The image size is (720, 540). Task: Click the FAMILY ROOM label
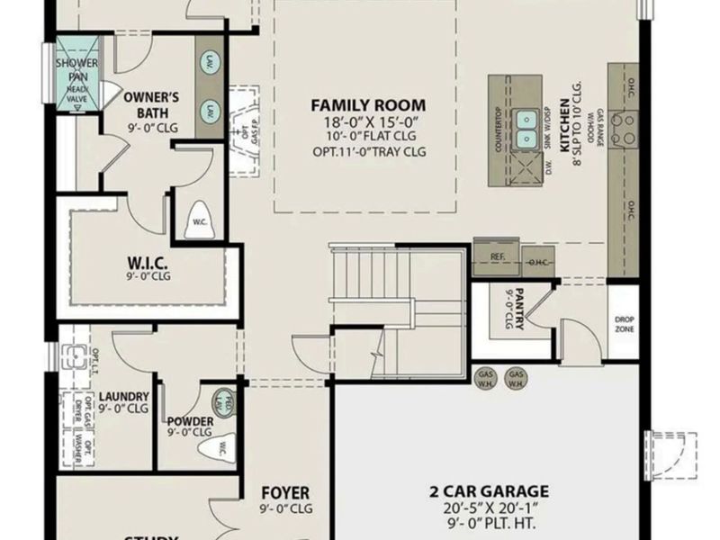[368, 104]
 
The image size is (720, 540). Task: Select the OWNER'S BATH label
[152, 104]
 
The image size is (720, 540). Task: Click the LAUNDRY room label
[123, 395]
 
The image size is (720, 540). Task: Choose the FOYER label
[285, 493]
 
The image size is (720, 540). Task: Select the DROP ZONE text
[624, 324]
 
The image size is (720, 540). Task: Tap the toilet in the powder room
[220, 445]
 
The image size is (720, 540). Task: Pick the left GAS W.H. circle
[485, 377]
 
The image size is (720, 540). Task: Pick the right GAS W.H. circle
[516, 377]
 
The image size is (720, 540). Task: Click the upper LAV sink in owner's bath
[209, 64]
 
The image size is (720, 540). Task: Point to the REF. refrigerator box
[498, 256]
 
